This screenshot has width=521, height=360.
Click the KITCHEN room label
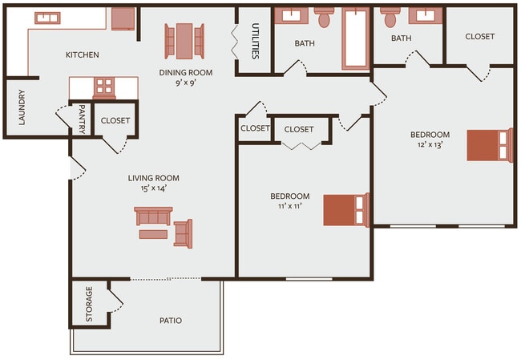[82, 55]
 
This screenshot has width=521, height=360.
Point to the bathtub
[355, 38]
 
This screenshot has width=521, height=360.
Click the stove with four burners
[105, 87]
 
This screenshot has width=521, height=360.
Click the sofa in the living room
[153, 216]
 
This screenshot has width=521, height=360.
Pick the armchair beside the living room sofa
[184, 233]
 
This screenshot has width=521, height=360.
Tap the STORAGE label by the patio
[89, 301]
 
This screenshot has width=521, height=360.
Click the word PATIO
[170, 321]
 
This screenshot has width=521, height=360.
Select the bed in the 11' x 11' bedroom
[345, 209]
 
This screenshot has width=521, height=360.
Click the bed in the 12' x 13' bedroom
[489, 145]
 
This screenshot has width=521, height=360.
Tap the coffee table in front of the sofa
[152, 234]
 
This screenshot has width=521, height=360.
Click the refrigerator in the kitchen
[123, 18]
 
